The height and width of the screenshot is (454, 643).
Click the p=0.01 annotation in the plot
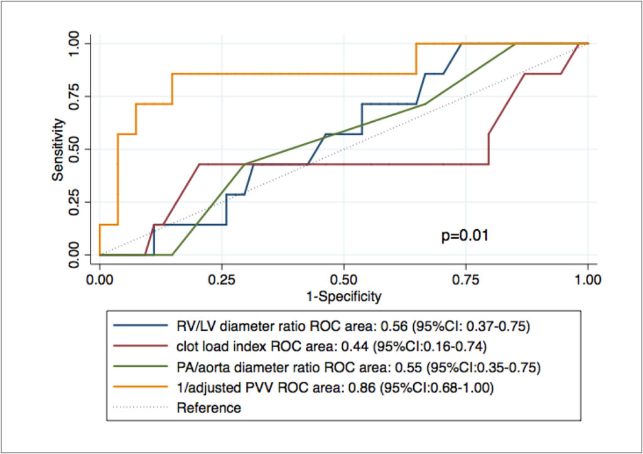tap(465, 236)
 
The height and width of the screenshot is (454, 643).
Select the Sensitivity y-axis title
tap(58, 149)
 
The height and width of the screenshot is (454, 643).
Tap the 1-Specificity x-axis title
tap(343, 296)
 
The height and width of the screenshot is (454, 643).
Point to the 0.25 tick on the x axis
tap(222, 279)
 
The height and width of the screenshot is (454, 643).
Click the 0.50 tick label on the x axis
tap(343, 279)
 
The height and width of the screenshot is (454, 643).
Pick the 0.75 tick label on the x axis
tap(465, 279)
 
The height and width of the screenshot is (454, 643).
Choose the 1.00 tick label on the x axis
tap(588, 279)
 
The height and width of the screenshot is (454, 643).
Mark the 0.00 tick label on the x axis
tap(100, 279)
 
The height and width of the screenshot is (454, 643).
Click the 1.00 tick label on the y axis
tap(74, 43)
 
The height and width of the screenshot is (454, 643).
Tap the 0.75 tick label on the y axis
tap(74, 96)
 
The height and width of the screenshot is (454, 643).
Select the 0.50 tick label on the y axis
tap(74, 149)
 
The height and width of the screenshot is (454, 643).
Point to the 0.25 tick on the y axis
tap(74, 202)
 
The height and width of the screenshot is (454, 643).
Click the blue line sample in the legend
tap(141, 326)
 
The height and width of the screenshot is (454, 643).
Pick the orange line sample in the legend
tap(141, 387)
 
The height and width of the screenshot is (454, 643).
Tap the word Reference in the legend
tap(208, 408)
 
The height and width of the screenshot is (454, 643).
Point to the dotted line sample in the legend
tap(141, 408)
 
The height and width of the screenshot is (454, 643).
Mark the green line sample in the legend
tap(141, 367)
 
